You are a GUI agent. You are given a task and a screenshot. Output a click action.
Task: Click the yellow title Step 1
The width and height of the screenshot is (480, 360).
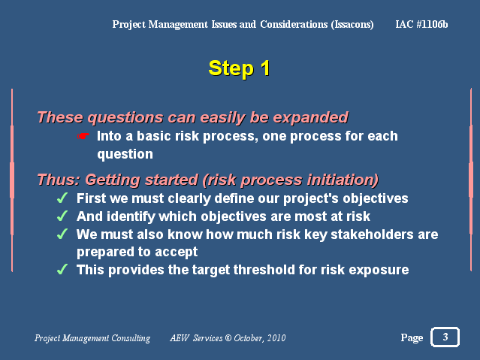(x=239, y=68)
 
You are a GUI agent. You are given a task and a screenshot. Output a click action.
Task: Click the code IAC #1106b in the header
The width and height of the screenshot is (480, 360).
(x=421, y=24)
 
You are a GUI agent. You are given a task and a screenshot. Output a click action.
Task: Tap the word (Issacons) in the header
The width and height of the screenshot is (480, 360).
(x=352, y=25)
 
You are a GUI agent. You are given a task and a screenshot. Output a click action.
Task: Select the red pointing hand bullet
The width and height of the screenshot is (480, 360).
(x=83, y=136)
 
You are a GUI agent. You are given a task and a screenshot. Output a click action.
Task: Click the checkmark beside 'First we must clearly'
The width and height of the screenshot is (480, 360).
(x=62, y=198)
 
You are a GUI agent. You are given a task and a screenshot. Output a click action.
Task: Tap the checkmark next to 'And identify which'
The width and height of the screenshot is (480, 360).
(x=62, y=216)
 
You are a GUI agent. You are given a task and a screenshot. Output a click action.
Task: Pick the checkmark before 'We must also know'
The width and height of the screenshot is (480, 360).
(x=62, y=234)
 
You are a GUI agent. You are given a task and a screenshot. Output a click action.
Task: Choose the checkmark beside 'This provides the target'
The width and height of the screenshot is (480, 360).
(x=62, y=270)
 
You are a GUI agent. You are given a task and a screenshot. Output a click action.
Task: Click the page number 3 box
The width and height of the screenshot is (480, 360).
(x=445, y=337)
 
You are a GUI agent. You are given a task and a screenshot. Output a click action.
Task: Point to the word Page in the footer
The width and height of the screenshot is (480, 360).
(x=412, y=337)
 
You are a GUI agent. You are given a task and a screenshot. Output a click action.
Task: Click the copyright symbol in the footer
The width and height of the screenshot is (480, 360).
(x=228, y=338)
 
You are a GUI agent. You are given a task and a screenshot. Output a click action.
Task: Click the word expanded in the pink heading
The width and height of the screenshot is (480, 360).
(x=311, y=118)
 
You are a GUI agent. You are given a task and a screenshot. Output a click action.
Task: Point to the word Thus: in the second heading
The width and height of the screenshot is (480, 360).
(x=59, y=180)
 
